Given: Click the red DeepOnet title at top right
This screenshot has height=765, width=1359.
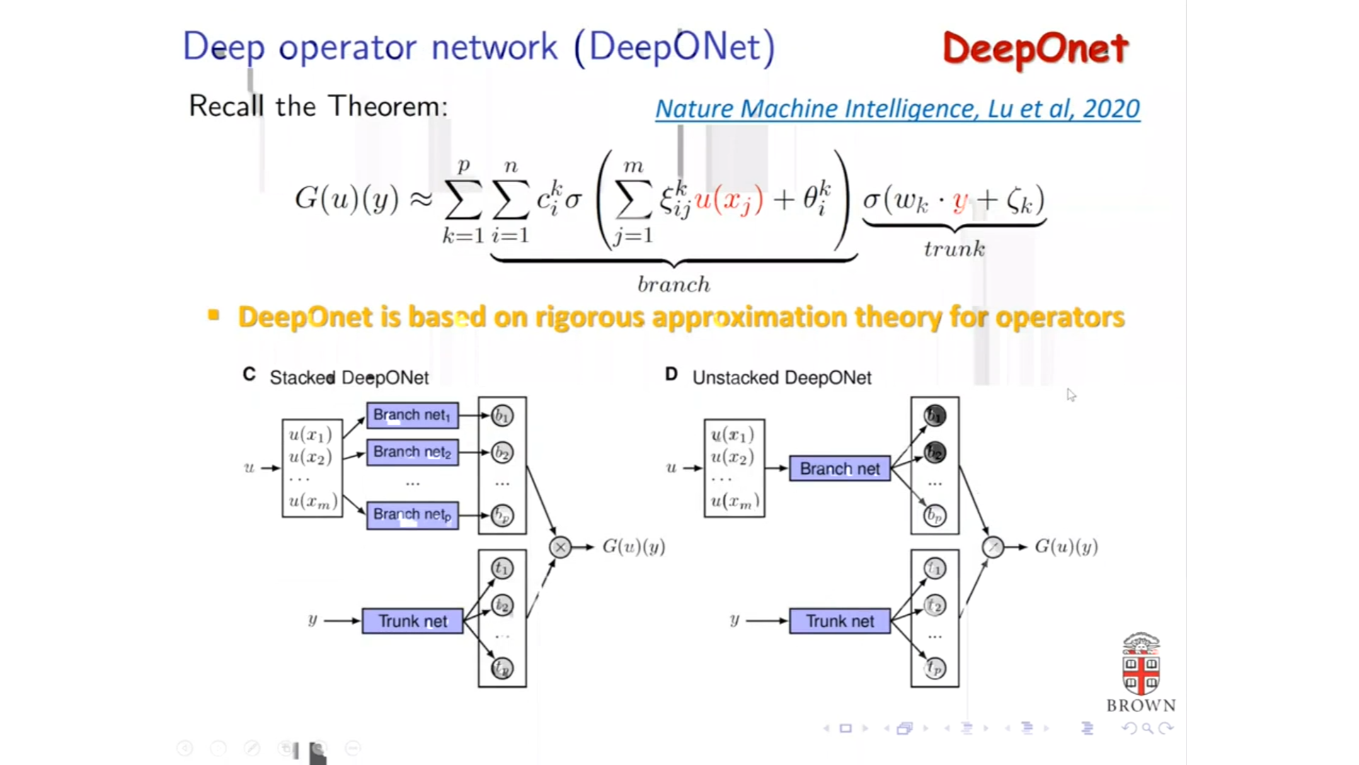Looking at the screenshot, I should [x=1035, y=49].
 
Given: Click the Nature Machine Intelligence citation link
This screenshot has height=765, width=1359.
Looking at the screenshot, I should [x=897, y=108].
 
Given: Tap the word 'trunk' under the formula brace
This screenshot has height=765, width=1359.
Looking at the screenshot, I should [x=954, y=249].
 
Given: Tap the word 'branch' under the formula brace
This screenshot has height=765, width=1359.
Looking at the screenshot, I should [x=673, y=285].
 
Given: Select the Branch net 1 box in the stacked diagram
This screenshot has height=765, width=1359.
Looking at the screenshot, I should [x=412, y=415].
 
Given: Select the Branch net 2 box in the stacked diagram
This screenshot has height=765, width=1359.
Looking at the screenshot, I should [x=412, y=452].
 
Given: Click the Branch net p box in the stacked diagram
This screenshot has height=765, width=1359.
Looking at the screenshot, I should [x=412, y=514].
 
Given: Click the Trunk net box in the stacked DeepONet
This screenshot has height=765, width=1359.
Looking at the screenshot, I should [x=413, y=621].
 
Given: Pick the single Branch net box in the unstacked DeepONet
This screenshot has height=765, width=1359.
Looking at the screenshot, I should [x=839, y=469].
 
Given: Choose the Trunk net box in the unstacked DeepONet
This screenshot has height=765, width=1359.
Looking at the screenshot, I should [x=839, y=621].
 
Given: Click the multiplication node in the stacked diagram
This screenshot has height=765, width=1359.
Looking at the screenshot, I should [x=560, y=547].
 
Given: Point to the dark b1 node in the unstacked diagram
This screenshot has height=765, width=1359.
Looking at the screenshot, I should [x=934, y=416].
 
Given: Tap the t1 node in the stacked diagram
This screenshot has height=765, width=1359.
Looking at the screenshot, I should [x=502, y=568].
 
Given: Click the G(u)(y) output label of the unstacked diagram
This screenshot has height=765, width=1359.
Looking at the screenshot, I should [x=1066, y=547].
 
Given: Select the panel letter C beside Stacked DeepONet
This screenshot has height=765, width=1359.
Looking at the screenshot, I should [x=249, y=375].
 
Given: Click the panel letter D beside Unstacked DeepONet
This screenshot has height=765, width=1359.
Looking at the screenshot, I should [x=671, y=375].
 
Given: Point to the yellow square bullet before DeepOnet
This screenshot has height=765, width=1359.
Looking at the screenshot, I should [x=214, y=315].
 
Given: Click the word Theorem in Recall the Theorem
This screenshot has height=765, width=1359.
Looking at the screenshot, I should [x=388, y=106].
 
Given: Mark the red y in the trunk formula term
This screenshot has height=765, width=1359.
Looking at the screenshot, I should [x=960, y=202].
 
